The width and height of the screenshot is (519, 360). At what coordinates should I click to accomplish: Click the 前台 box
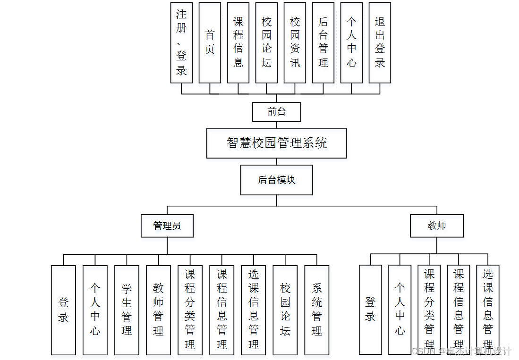tap(276, 112)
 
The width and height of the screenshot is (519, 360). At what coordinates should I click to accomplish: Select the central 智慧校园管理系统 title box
tap(276, 143)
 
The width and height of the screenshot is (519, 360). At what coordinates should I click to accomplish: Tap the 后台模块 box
tap(276, 180)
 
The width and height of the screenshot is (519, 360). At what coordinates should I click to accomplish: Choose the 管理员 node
tap(167, 226)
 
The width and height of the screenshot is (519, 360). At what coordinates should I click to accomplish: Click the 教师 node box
tap(436, 226)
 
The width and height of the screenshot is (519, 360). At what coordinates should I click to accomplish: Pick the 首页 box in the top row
tap(210, 42)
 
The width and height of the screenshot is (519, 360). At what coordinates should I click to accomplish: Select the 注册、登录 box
tap(181, 42)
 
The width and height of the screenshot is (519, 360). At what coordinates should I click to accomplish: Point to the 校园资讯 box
tap(295, 42)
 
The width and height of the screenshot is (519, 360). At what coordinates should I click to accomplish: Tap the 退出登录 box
tap(380, 42)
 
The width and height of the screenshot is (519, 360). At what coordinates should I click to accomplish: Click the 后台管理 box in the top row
tap(323, 42)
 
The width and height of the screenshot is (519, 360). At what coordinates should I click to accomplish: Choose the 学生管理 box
tap(127, 310)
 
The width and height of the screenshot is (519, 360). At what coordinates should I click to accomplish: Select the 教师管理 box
tap(158, 310)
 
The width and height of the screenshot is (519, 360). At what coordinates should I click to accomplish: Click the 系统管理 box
tap(317, 310)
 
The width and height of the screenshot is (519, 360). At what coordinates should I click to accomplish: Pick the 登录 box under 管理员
tap(63, 310)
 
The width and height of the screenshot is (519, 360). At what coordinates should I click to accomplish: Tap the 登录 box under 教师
tap(370, 310)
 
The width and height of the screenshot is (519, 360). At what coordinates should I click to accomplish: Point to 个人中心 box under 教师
tap(400, 310)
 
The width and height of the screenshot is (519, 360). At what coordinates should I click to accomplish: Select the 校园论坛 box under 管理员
tap(285, 310)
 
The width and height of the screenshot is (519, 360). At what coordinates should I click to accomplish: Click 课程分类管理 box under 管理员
tap(190, 310)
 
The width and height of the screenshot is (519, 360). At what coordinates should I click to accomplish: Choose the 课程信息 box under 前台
tap(238, 42)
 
